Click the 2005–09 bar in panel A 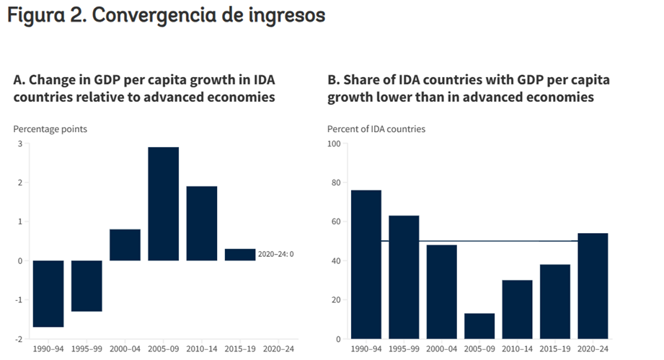coord(164,203)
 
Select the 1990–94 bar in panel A coord(48,294)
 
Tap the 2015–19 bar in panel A coord(240,255)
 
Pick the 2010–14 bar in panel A coord(202,224)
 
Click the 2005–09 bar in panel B coord(479,326)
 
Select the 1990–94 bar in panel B coord(366,264)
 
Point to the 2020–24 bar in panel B coord(593,286)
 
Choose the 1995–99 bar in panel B coord(404,277)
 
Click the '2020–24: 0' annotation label coord(275,254)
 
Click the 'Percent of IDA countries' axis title coord(376,129)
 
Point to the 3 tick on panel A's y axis coord(19,144)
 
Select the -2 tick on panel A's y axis coord(18,339)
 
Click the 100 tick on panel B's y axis coord(334,144)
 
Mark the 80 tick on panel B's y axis coord(336,183)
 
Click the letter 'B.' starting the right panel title coord(333,80)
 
